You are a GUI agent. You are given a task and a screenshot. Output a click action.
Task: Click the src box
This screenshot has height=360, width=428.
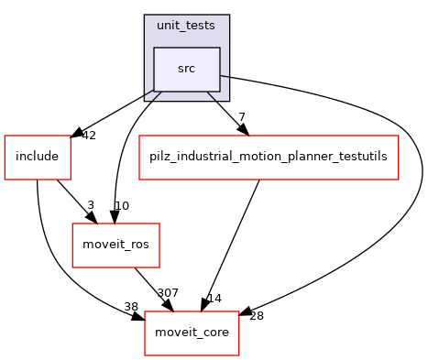[x=186, y=69]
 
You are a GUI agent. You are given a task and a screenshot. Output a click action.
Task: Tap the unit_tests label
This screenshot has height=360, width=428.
[x=186, y=26]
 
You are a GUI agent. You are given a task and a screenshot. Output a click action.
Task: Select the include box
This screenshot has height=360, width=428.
[x=37, y=157]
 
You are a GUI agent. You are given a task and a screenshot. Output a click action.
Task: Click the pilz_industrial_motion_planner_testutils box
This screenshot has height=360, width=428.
[x=268, y=157]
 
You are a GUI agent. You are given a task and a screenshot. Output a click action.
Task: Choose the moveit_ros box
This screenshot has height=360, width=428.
[x=104, y=245]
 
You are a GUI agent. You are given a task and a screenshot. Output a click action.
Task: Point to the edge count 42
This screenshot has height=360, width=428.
[x=88, y=136]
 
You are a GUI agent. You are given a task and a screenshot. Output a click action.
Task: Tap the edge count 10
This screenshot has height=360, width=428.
[x=122, y=205]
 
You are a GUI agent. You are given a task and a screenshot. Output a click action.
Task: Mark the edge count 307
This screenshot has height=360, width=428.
[x=169, y=294]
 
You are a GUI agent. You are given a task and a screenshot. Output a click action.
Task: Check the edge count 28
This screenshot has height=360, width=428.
[x=256, y=316]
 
